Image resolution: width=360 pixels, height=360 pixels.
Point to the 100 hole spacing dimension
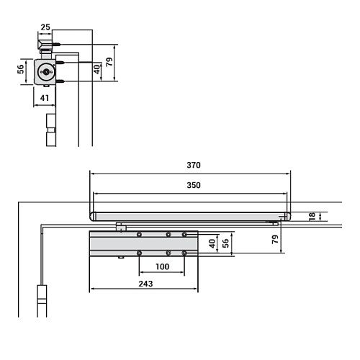pos(162,267)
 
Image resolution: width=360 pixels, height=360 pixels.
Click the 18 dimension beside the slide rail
pos(311,217)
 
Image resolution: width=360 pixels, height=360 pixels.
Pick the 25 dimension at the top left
pos(45,27)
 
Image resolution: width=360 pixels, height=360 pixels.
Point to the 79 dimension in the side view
pos(109,63)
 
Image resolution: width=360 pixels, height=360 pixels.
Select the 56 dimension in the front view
pos(225,243)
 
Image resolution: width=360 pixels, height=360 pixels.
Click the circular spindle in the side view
pos(46,72)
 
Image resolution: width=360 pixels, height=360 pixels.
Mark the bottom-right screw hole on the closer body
pos(184,253)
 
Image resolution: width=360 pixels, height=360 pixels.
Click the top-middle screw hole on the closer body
pos(168,235)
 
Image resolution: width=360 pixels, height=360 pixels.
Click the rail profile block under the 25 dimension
pos(45,46)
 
